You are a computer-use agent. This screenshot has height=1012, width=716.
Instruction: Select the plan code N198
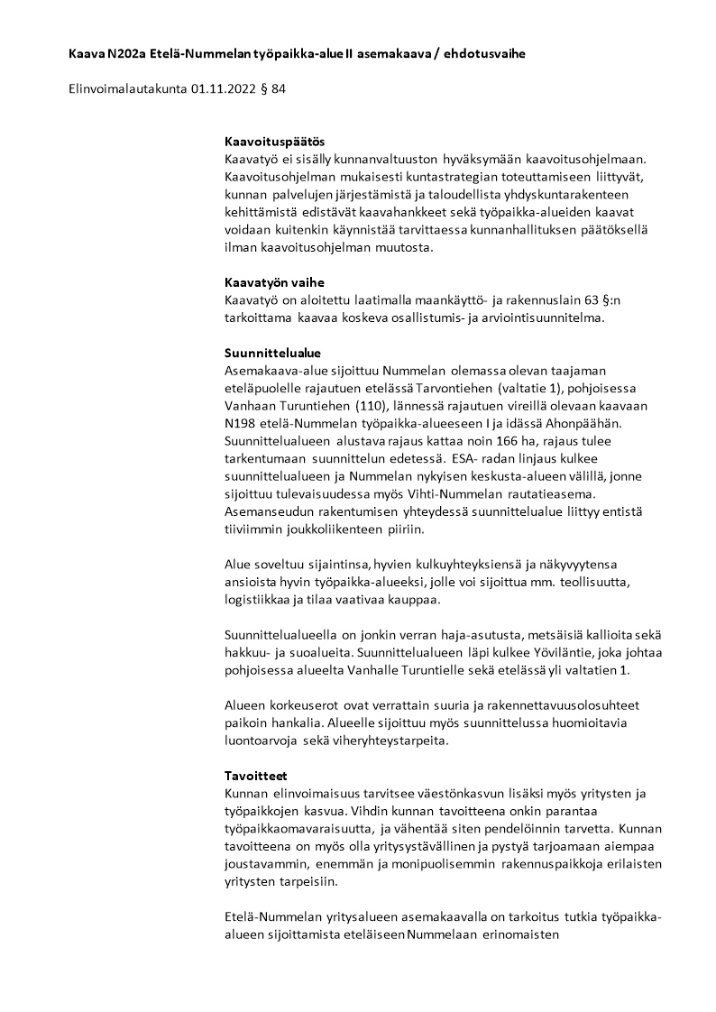[x=241, y=423]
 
